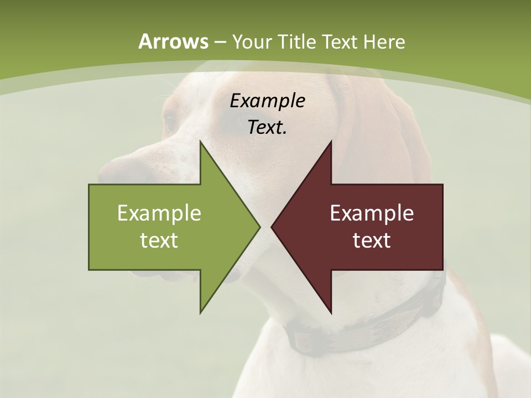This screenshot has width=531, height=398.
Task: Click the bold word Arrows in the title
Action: click(x=173, y=41)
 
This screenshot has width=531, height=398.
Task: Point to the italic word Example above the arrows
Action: click(x=267, y=101)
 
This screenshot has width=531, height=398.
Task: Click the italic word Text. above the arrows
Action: click(x=267, y=128)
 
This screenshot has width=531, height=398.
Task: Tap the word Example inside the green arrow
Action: click(x=159, y=213)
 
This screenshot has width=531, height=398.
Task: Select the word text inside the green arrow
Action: click(x=159, y=240)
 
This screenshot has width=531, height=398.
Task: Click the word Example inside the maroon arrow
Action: click(x=372, y=213)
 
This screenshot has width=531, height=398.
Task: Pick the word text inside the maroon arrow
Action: click(x=372, y=240)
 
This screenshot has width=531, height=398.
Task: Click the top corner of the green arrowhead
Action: click(x=201, y=143)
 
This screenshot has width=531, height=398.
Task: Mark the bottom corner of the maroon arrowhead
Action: click(x=331, y=312)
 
